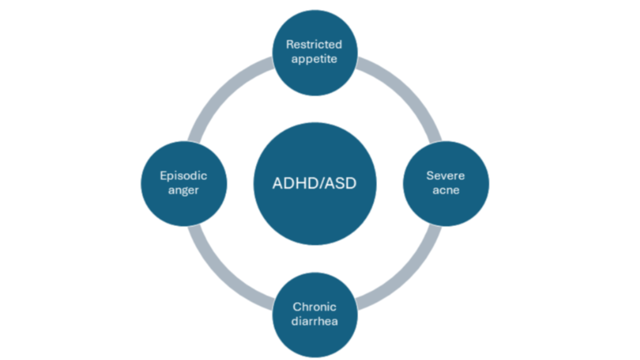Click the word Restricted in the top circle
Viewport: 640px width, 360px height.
[x=314, y=44]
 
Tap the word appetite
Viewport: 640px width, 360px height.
[x=315, y=59]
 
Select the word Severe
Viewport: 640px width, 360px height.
[x=445, y=175]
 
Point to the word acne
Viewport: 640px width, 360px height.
[x=445, y=190]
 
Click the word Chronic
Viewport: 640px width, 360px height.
[x=314, y=306]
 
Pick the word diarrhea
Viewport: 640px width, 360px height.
[x=314, y=321]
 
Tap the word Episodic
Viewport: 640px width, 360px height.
[x=183, y=175]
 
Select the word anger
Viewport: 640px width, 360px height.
[x=183, y=190]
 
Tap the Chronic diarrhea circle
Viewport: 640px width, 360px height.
[x=314, y=340]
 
